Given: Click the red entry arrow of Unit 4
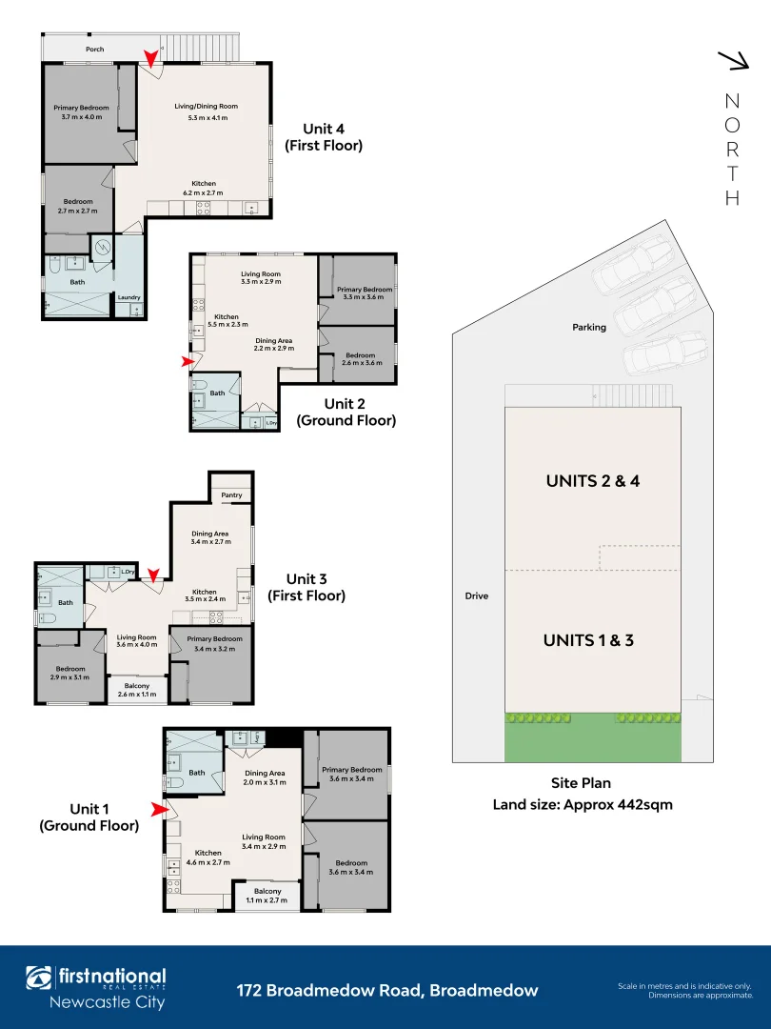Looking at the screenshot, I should (x=151, y=60).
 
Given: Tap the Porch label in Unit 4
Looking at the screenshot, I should (x=94, y=49).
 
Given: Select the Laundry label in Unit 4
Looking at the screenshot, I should (x=129, y=298).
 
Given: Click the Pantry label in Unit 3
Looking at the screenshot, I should (x=231, y=495).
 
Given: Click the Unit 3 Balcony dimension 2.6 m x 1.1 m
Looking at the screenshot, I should (x=138, y=695).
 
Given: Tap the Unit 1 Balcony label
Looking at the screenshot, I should (x=267, y=891).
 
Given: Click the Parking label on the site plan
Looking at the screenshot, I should (x=589, y=327).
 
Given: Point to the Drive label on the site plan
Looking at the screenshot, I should (x=477, y=596).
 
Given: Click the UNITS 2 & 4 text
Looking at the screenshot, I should (x=592, y=481).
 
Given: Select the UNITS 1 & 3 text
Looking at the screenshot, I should (x=588, y=640).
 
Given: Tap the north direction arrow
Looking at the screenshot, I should (x=733, y=61).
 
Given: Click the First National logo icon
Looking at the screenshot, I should (x=40, y=979).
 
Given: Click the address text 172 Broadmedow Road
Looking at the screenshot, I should (x=386, y=991).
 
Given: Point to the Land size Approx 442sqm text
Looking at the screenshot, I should (x=582, y=804).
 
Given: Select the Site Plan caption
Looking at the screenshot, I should (x=582, y=783).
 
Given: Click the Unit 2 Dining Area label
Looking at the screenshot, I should (x=273, y=340).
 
